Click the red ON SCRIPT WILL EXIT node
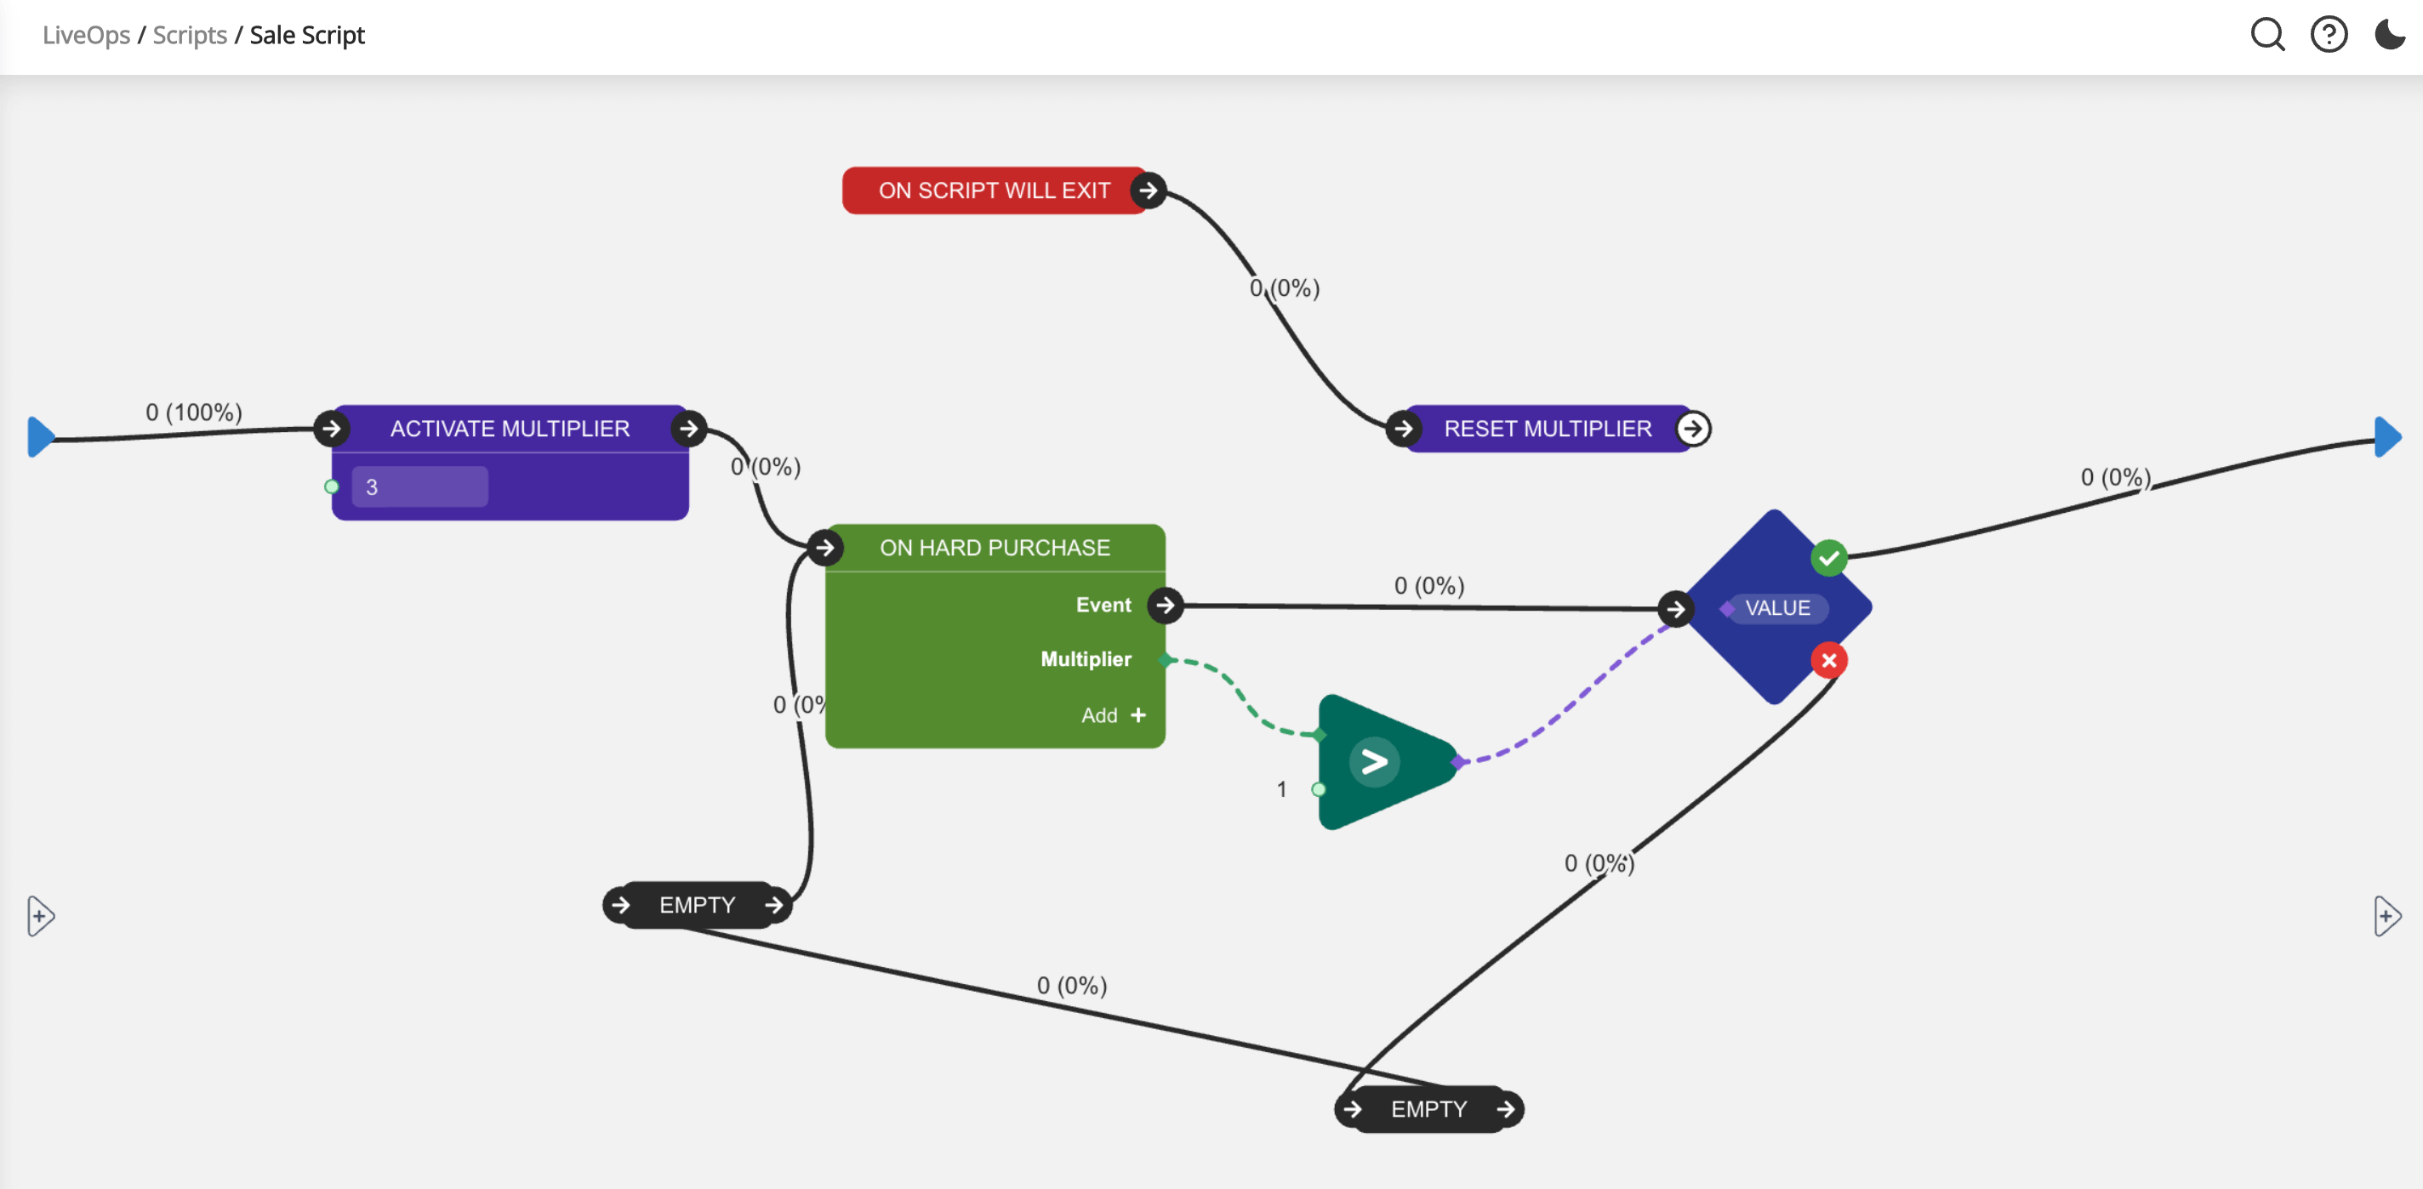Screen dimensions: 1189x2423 [994, 191]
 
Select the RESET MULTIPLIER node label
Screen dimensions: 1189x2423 [1548, 429]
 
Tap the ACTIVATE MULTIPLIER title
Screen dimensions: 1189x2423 [510, 429]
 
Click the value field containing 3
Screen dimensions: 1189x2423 [419, 487]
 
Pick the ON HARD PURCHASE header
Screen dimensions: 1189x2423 [995, 548]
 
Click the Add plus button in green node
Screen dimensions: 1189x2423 [1138, 716]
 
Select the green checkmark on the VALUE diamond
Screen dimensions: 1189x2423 [1828, 559]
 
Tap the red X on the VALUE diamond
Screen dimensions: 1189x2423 [1828, 660]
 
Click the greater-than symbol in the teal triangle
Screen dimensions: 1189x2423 [1374, 762]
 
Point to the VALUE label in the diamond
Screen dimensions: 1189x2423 [1776, 609]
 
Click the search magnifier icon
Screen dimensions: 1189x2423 [2266, 35]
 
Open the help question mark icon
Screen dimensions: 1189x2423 [2329, 35]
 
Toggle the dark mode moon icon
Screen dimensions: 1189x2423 [2389, 35]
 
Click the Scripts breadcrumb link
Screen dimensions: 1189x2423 [189, 35]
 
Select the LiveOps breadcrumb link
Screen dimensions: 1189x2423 [87, 35]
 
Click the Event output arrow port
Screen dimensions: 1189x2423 [1166, 605]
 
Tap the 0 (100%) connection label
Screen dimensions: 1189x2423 [194, 412]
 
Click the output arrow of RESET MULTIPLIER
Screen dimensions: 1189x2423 [1693, 429]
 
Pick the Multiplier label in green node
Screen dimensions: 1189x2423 [1086, 659]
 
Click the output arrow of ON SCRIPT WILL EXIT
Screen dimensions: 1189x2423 [1148, 191]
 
